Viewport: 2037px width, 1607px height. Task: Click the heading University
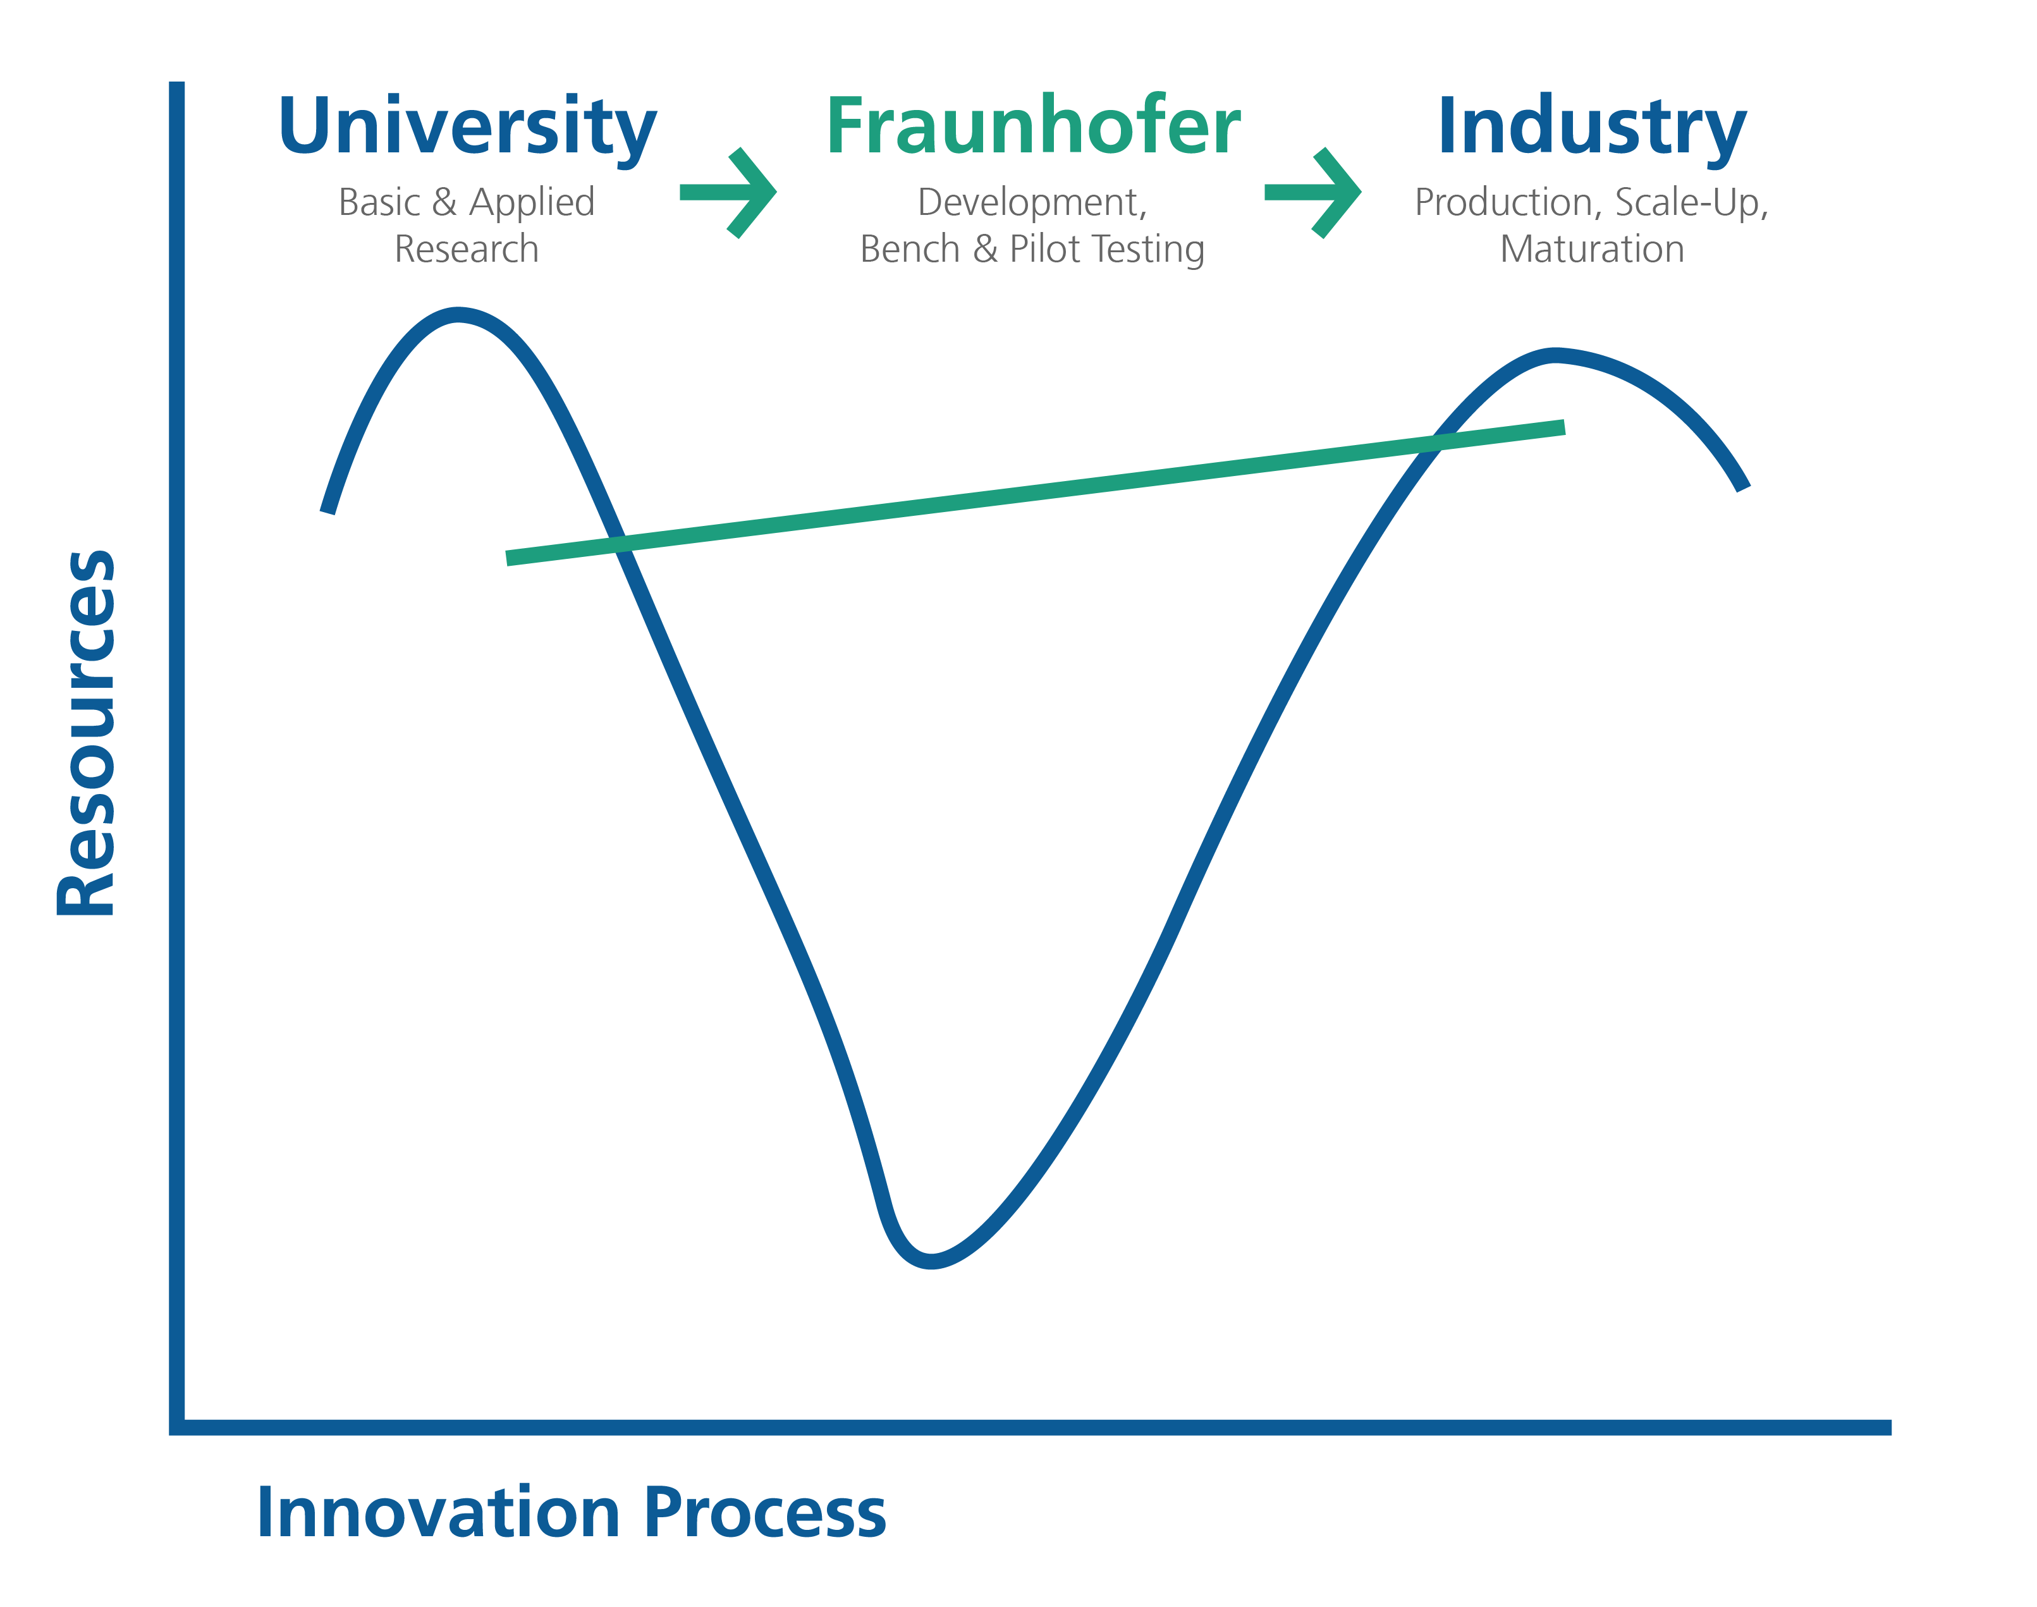click(468, 128)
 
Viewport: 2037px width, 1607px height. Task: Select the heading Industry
click(1592, 128)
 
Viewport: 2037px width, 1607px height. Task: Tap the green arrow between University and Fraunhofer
click(728, 193)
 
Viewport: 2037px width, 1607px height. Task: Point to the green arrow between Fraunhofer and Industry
click(1312, 193)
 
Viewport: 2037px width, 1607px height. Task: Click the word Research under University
click(467, 249)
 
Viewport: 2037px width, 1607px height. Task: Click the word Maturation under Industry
click(1592, 249)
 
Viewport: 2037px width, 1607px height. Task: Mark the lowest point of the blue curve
click(931, 1262)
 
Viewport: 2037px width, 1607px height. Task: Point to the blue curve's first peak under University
click(457, 314)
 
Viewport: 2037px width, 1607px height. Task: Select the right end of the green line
click(1563, 427)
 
